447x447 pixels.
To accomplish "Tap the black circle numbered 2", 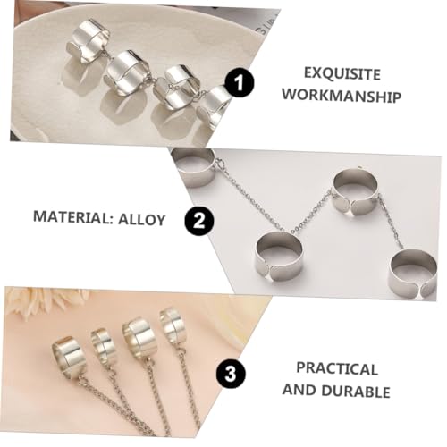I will click(x=198, y=219).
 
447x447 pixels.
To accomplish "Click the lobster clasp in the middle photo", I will click(x=216, y=164).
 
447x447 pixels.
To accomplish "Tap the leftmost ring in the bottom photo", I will click(x=69, y=355).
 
